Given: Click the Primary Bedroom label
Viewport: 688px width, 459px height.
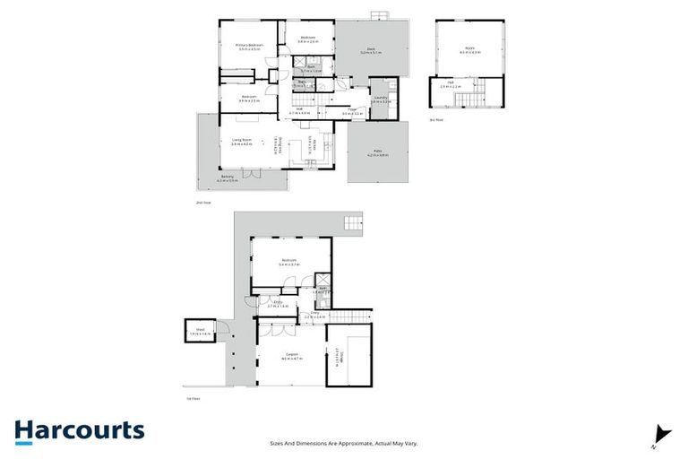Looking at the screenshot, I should click(249, 46).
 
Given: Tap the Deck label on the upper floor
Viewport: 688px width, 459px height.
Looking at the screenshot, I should click(370, 50).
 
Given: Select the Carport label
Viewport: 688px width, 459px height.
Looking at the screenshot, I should click(289, 356).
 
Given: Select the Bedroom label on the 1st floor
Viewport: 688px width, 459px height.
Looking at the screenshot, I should click(288, 262).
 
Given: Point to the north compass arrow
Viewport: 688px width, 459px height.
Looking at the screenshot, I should click(662, 433).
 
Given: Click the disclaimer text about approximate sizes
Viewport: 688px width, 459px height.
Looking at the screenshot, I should click(344, 443).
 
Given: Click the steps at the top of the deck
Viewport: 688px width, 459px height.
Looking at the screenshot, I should click(381, 16).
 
